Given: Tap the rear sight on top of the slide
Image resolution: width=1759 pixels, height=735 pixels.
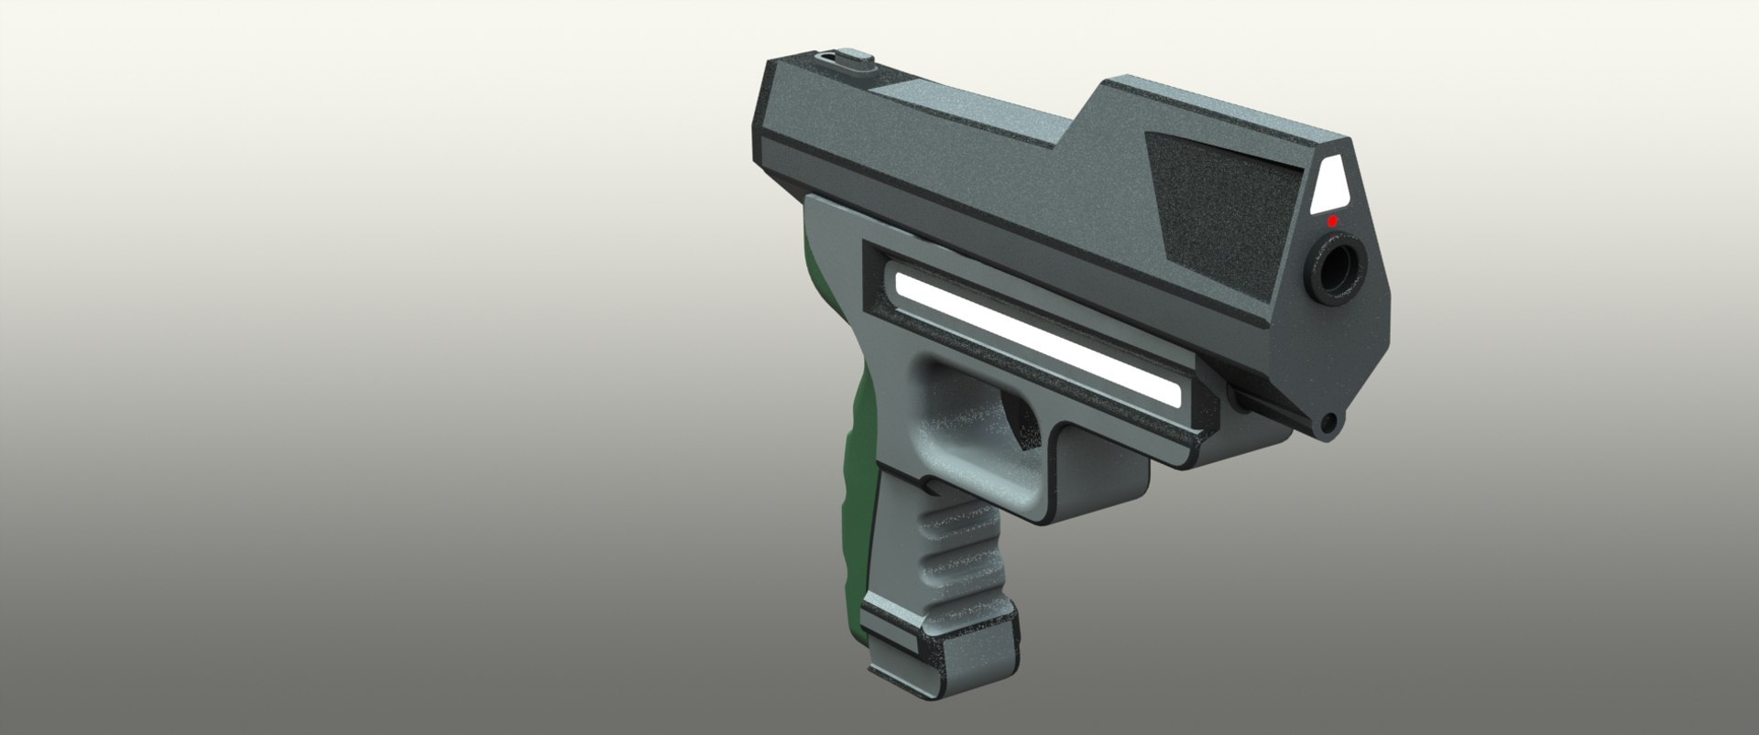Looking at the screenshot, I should click(843, 63).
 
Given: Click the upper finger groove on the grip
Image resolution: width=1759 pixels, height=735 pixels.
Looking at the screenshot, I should click(953, 525).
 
